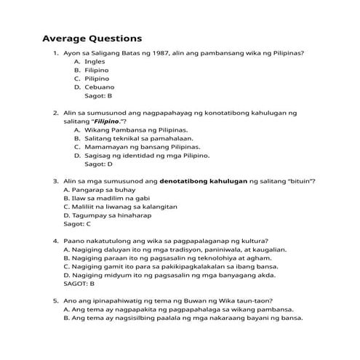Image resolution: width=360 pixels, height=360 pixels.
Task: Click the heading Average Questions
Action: click(x=92, y=38)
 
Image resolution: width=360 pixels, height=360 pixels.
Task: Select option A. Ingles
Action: click(x=89, y=62)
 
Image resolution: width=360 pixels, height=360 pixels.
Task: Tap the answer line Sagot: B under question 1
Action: click(x=99, y=95)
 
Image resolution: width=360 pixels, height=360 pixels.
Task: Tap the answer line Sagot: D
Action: click(x=99, y=164)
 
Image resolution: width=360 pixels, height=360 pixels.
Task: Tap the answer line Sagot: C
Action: click(x=77, y=225)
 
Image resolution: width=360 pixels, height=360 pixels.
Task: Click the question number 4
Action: click(x=55, y=241)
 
